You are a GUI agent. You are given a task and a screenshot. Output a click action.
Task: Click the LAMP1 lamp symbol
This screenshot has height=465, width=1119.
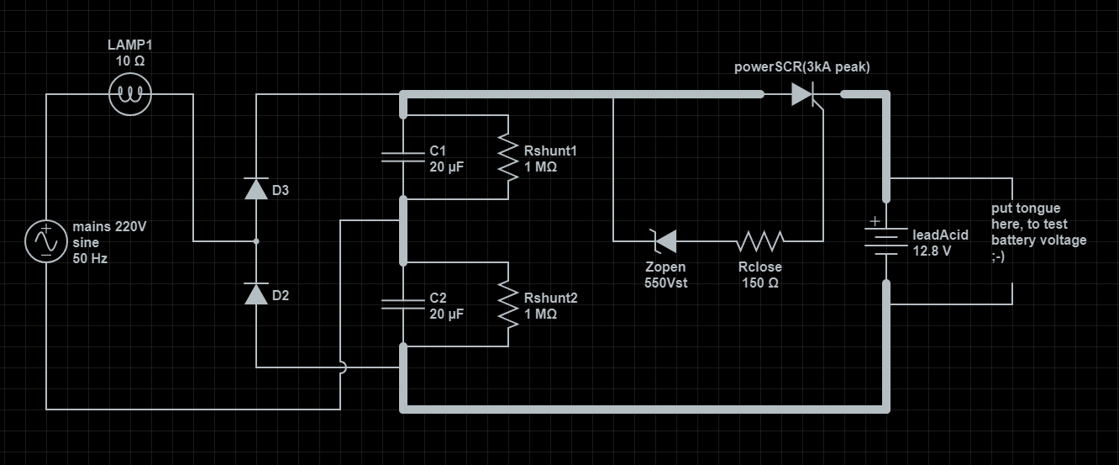point(130,94)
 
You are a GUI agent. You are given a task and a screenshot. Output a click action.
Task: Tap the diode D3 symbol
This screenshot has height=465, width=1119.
point(256,189)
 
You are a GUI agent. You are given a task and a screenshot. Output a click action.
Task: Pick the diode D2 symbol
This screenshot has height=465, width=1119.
point(256,293)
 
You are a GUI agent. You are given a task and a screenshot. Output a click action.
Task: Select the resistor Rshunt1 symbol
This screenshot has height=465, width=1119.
point(508,157)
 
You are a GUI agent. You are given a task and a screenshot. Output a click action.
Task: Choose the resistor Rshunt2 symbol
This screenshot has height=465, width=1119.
point(508,304)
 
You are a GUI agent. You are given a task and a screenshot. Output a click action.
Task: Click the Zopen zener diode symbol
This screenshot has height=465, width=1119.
point(665,241)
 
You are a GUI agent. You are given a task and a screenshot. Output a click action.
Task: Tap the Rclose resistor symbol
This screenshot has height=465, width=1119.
point(760,241)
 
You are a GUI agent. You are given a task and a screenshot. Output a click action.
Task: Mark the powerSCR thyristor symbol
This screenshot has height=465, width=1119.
point(805,95)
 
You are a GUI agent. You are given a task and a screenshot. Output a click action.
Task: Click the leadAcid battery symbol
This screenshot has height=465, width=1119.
point(886,242)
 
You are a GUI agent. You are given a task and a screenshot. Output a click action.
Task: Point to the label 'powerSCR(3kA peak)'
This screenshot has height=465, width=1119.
point(801,67)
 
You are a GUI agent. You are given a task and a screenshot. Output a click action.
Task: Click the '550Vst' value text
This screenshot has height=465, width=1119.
point(665,283)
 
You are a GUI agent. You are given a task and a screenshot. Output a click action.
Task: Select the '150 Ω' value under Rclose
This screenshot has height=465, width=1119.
point(760,283)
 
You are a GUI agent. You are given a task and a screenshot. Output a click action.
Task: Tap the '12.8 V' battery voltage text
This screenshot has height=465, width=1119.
point(932,251)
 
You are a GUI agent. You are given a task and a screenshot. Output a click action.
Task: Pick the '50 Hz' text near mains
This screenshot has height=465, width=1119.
point(90,258)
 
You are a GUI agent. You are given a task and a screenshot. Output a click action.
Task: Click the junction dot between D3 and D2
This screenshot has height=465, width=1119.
point(256,241)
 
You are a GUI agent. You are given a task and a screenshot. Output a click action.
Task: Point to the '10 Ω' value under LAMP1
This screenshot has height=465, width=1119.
point(130,62)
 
